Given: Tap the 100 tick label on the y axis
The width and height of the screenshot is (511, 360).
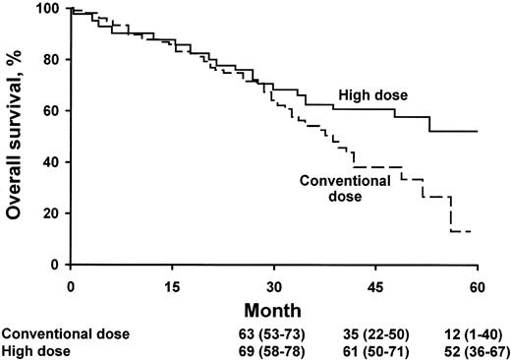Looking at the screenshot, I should [48, 9].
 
